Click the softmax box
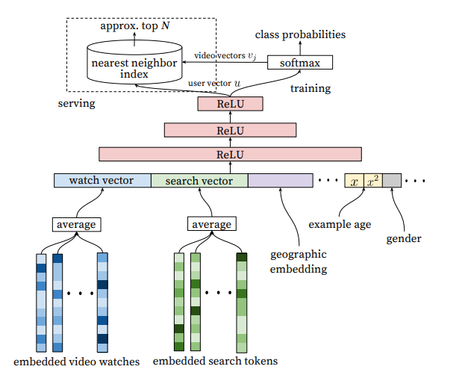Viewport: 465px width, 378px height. (300, 62)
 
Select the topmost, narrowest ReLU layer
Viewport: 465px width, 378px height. (230, 104)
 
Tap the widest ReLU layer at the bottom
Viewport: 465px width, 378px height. (230, 155)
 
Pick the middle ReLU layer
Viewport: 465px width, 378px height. (230, 130)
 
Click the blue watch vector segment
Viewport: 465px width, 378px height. (102, 180)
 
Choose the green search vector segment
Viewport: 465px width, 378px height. (199, 180)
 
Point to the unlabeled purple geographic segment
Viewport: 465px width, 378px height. (281, 180)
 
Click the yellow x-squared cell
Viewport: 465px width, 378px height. (373, 180)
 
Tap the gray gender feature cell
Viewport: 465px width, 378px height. (392, 180)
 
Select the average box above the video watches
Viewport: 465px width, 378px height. (77, 224)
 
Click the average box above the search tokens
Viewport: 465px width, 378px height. (212, 223)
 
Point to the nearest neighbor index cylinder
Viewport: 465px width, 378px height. (134, 62)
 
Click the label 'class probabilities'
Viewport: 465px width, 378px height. (300, 34)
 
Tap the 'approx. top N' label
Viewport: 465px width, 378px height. (135, 26)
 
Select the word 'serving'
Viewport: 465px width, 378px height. (77, 104)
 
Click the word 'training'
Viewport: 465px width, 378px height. (310, 88)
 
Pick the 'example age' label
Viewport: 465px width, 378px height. (340, 224)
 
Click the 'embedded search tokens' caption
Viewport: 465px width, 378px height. (215, 361)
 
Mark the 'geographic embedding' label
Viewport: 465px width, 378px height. (299, 261)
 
